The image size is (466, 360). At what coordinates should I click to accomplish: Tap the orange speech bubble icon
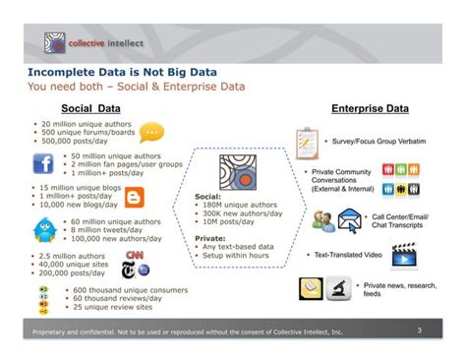coord(151,132)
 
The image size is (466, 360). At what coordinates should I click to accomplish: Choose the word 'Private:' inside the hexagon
coord(209,237)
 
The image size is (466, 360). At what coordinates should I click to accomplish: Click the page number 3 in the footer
coord(419,330)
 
